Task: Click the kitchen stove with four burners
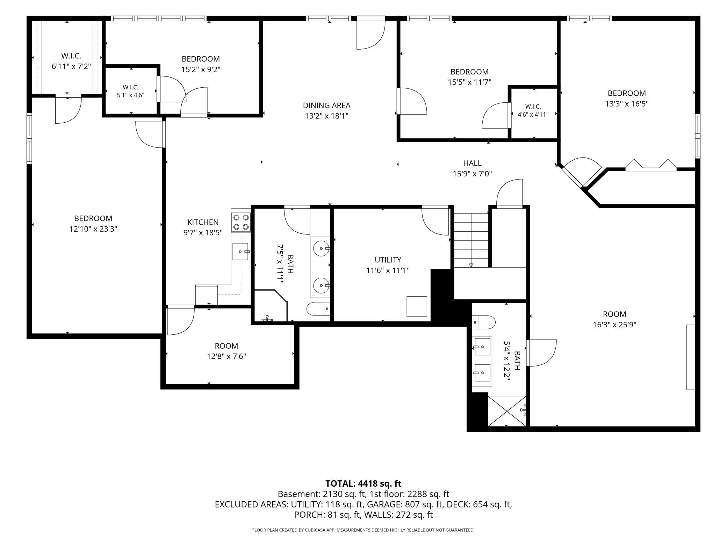coord(241,222)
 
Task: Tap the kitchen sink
coord(240,252)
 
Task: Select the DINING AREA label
coord(326,105)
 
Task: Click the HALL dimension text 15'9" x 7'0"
coord(472,174)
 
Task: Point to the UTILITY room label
coord(388,260)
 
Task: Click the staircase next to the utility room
coord(471,240)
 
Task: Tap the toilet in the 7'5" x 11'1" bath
coord(318,308)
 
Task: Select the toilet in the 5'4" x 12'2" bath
coord(484,322)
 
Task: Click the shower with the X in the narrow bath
coord(507,411)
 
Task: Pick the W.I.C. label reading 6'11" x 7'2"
coord(71,61)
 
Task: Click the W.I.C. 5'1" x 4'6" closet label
coord(130,91)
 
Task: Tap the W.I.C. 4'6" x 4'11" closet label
coord(533,110)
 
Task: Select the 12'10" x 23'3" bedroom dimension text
coord(93,229)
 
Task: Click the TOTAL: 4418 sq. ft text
coord(363,484)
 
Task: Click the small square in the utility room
coord(417,306)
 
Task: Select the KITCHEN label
coord(203,222)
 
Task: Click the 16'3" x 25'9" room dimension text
coord(614,325)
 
